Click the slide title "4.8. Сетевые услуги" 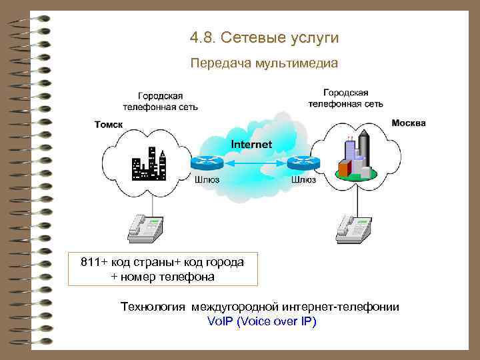[x=264, y=38]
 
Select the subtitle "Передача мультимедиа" [x=264, y=64]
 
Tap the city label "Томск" [x=109, y=124]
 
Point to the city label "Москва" [x=409, y=123]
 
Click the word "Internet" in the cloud [x=251, y=145]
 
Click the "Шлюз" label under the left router [x=207, y=179]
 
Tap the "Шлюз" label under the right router [x=304, y=179]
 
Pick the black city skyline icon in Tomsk [x=148, y=164]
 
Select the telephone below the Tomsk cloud [x=145, y=226]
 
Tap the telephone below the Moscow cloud [x=354, y=226]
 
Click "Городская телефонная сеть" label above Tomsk [x=160, y=101]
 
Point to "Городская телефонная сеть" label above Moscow [x=345, y=98]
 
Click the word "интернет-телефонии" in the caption [x=341, y=307]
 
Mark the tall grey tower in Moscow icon [x=364, y=148]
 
